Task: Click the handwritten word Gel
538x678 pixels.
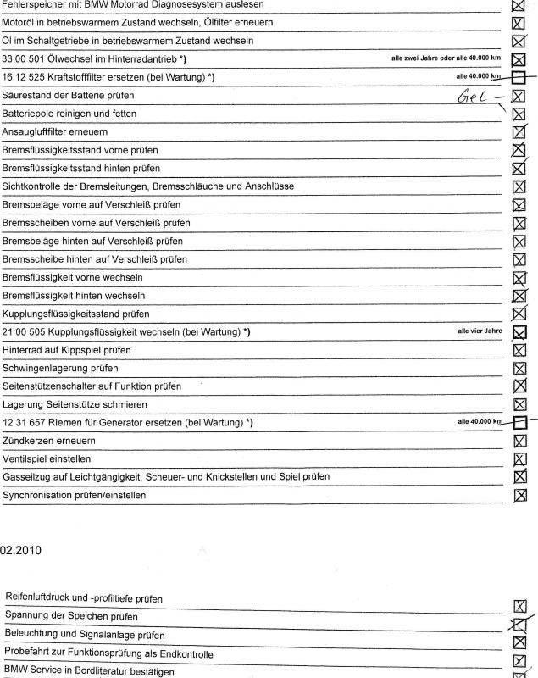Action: click(472, 97)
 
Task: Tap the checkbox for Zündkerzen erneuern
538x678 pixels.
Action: click(520, 441)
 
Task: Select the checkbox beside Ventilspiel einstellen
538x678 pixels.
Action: click(520, 459)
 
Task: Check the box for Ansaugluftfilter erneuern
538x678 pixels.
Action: click(520, 132)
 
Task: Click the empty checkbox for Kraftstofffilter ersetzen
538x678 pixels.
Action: click(520, 78)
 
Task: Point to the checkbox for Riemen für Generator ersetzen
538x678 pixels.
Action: click(520, 422)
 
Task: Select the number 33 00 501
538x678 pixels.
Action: click(26, 59)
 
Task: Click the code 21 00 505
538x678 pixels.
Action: click(26, 331)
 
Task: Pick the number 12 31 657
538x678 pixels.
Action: click(26, 422)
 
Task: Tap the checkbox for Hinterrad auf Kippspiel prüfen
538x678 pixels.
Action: click(520, 350)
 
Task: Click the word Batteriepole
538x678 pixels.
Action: click(29, 114)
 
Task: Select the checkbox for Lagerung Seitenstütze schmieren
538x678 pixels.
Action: click(520, 404)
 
